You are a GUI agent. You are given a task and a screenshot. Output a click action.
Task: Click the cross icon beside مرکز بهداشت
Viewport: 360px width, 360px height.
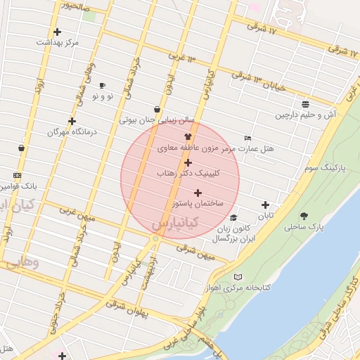click(x=57, y=32)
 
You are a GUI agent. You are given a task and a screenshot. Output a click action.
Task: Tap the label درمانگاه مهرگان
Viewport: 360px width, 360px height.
click(x=71, y=132)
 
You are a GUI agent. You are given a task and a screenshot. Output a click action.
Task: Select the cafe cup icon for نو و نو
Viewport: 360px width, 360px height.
click(x=103, y=85)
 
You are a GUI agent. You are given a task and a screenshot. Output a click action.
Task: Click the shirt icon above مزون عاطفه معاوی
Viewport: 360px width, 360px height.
click(x=187, y=137)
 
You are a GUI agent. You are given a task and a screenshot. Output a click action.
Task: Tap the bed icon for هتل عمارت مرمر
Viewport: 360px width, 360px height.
click(x=247, y=138)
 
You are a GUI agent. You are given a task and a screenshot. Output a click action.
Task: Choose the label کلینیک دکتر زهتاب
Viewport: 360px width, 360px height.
click(x=188, y=172)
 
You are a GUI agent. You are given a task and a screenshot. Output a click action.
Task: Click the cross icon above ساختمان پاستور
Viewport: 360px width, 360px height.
click(x=198, y=193)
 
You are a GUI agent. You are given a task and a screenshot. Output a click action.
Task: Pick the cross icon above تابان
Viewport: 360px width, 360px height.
click(x=265, y=205)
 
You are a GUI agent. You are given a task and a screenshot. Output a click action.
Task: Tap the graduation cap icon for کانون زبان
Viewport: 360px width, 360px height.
click(x=233, y=218)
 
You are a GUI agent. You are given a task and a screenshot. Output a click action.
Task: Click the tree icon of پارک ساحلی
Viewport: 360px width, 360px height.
click(x=304, y=216)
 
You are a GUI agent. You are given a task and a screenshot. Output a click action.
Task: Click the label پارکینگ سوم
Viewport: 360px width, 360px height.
click(x=324, y=168)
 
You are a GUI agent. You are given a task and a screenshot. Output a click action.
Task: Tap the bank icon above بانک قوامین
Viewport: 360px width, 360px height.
click(x=18, y=176)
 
